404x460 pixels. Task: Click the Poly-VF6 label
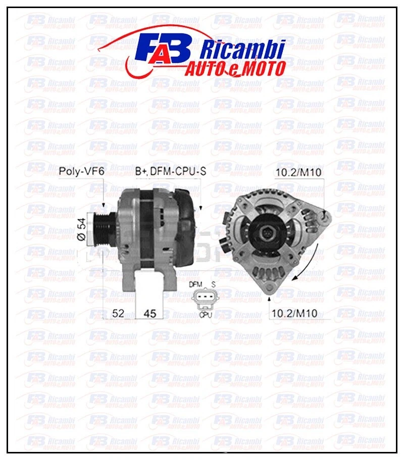[81, 171]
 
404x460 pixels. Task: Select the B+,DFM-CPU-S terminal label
[171, 172]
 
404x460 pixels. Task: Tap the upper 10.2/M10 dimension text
[298, 173]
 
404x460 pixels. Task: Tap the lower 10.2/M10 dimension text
[294, 314]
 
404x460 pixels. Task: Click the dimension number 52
[118, 314]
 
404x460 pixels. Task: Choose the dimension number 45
[150, 314]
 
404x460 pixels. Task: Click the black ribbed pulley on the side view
[98, 230]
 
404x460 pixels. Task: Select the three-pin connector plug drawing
[205, 299]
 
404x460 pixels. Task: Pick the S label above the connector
[214, 285]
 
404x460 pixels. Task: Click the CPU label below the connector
[205, 314]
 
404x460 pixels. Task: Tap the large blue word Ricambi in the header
[242, 50]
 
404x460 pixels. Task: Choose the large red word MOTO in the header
[263, 69]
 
